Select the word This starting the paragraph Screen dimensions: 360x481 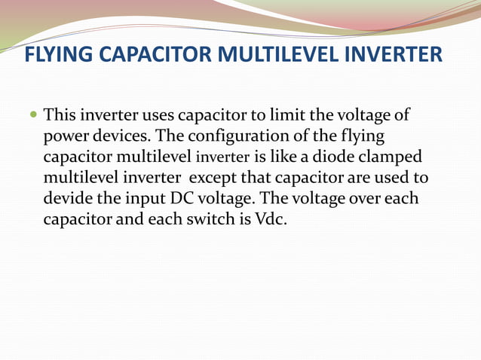(60, 116)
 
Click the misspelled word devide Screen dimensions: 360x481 (68, 200)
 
